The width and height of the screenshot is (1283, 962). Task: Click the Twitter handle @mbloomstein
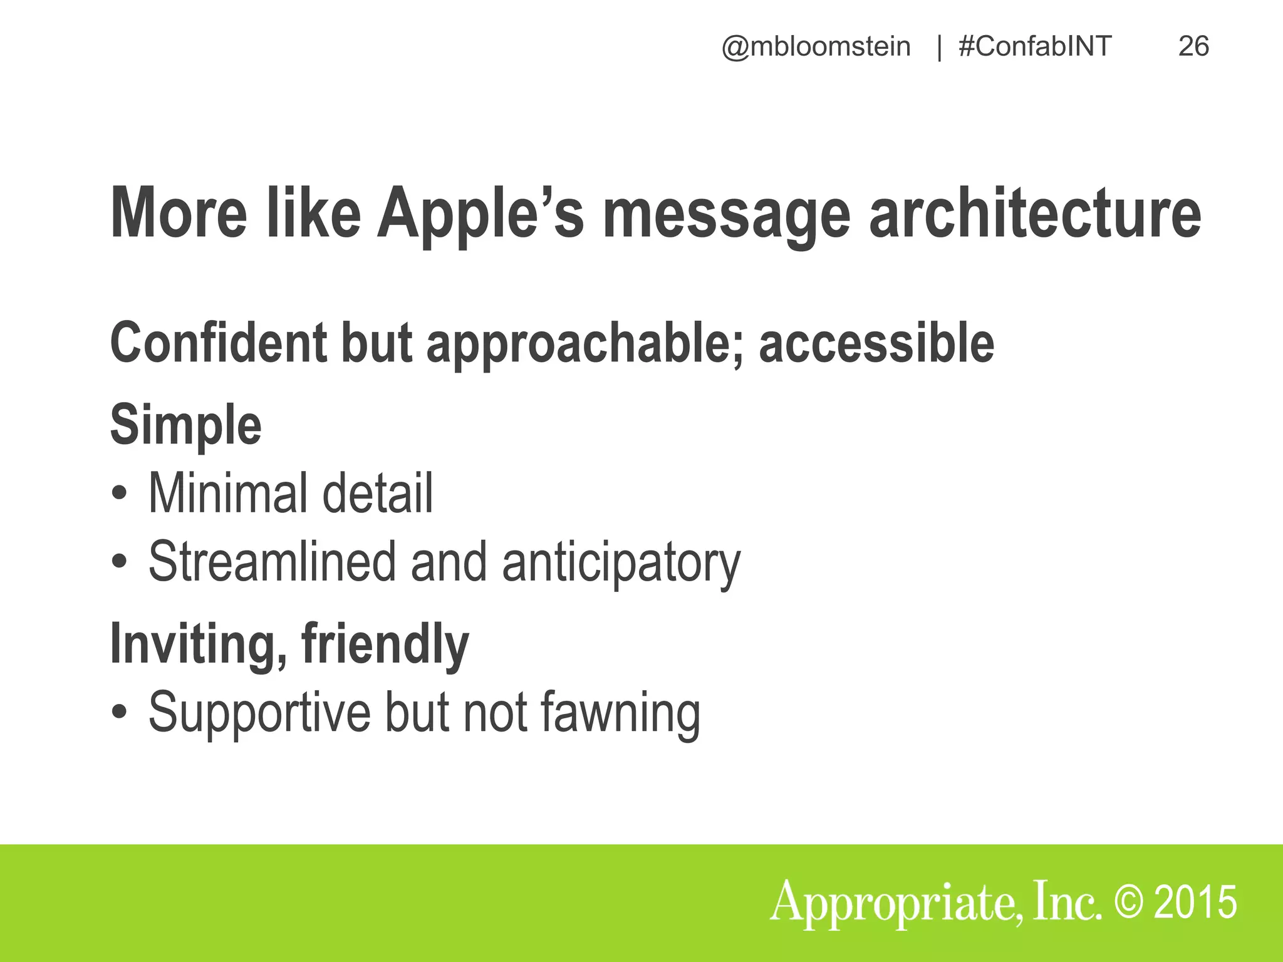coord(816,47)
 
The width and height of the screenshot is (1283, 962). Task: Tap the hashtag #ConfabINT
coord(1035,46)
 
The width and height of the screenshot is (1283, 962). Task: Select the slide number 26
coord(1193,46)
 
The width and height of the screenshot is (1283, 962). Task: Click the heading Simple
coord(185,425)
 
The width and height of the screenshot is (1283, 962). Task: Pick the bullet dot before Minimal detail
coord(119,494)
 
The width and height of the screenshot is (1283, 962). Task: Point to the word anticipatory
coord(621,562)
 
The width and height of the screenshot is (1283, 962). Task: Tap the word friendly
coord(385,644)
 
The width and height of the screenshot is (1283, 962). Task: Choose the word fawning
coord(620,713)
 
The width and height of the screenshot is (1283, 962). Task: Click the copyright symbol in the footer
coord(1130,902)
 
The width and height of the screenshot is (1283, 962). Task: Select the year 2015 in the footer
coord(1196,902)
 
